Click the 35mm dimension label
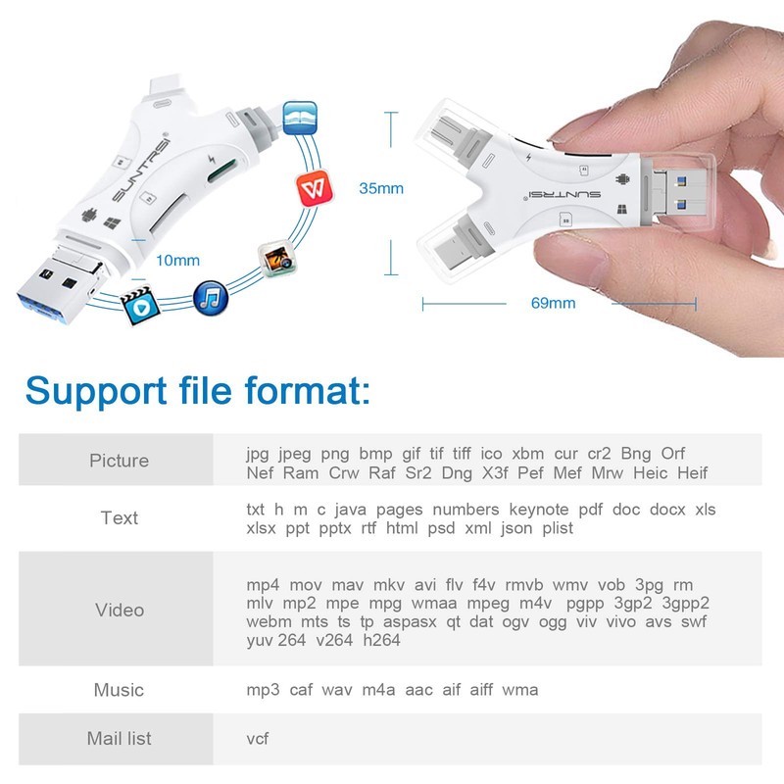tap(381, 188)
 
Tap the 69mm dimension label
tap(554, 303)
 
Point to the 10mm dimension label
tap(177, 260)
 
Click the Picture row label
tap(119, 461)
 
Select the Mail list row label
tap(119, 738)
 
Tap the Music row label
tap(119, 690)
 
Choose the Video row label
tap(119, 610)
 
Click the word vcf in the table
tap(258, 738)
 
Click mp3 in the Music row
tap(263, 690)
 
